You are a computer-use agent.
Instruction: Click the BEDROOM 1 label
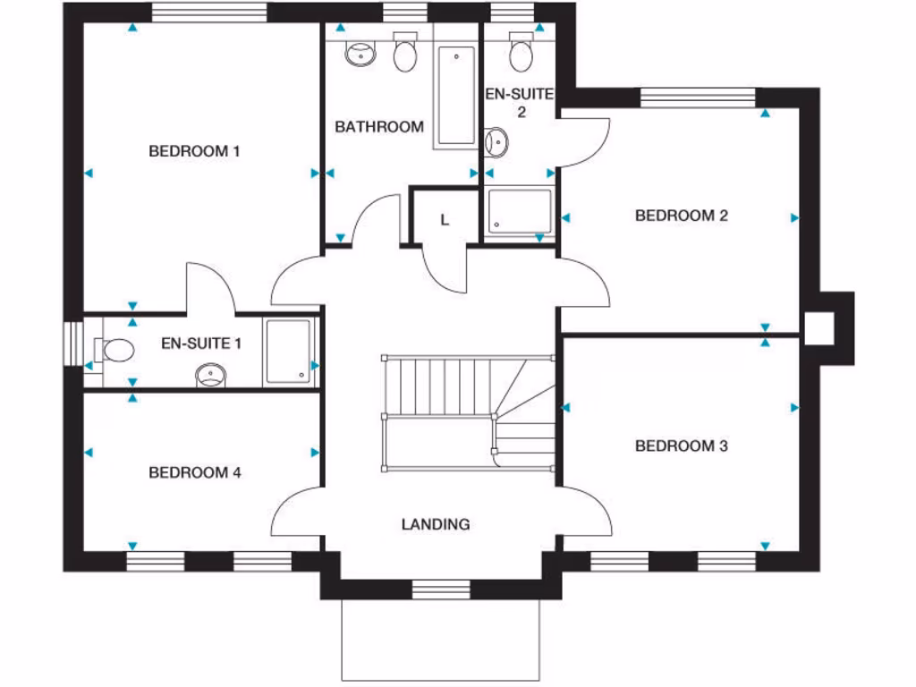194,151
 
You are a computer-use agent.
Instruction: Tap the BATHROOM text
379,127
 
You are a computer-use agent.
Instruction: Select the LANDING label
436,524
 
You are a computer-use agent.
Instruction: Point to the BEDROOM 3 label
681,445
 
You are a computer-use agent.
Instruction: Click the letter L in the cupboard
445,220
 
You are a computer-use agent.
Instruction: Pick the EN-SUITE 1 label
201,343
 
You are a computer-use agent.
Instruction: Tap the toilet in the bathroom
405,54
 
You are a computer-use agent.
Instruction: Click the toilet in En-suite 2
520,54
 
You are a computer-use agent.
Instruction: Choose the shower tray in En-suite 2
520,211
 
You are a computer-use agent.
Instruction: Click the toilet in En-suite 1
114,350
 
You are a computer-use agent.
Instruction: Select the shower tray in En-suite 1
289,352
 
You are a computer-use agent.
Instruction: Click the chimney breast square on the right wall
818,327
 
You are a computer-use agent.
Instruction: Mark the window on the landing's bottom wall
440,589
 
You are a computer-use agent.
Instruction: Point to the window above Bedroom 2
699,98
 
